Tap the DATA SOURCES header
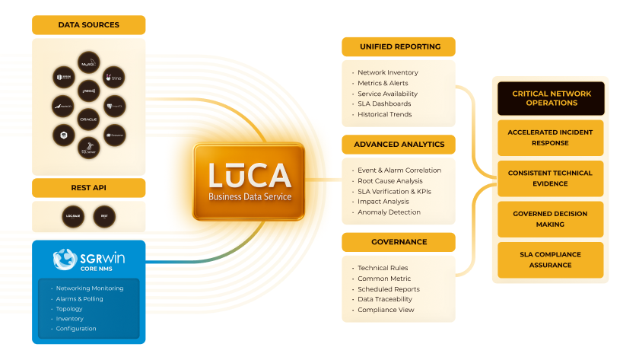(88, 25)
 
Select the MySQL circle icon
(88, 62)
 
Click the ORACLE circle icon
(88, 119)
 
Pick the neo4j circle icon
(88, 91)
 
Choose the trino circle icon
(113, 76)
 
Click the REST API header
(88, 187)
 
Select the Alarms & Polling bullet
(79, 299)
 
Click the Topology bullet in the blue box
(69, 309)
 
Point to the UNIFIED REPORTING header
(399, 46)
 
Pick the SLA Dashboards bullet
(384, 104)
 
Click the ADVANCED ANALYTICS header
(399, 143)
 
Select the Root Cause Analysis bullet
(389, 181)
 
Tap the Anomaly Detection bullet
(389, 212)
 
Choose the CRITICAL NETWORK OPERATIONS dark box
(551, 99)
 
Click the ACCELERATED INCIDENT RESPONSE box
(551, 138)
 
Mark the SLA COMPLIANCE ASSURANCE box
(551, 260)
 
